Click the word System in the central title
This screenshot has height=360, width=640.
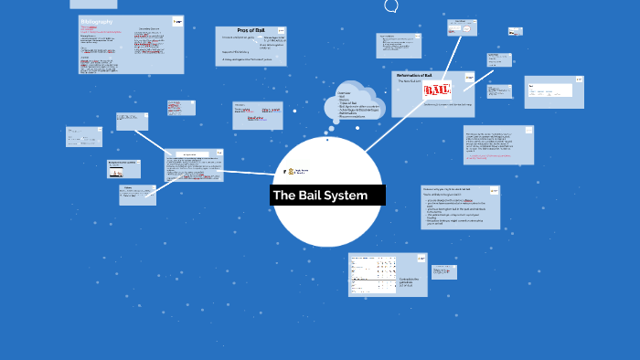pos(346,196)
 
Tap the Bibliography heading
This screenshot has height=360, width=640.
pos(96,20)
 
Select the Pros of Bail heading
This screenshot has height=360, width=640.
pos(251,31)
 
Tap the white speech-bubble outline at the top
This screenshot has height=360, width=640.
pos(391,5)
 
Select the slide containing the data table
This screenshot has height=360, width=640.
pos(388,274)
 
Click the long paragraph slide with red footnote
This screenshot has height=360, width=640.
pos(497,144)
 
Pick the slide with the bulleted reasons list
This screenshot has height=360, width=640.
pos(460,206)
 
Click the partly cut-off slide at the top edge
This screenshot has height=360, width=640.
pos(92,4)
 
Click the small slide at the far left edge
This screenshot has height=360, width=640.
pos(83,136)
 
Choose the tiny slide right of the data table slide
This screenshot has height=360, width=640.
pos(444,271)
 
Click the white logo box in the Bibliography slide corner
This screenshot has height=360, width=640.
pos(177,20)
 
